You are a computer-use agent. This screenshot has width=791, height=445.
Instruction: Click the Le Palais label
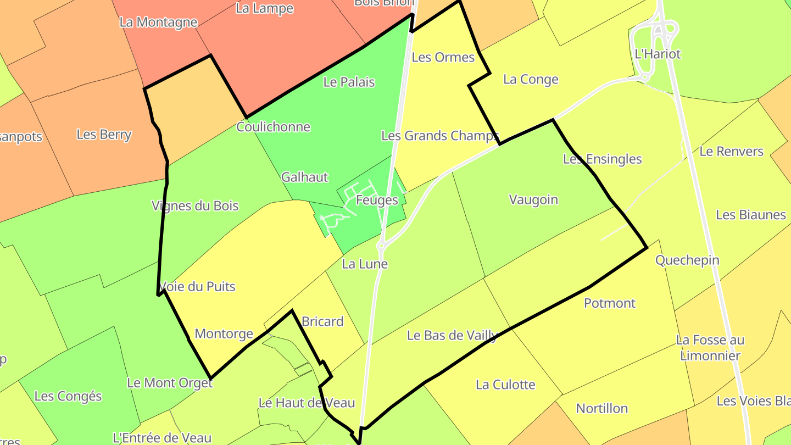(x=349, y=82)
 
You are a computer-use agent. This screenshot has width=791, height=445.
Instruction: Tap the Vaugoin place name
(x=533, y=199)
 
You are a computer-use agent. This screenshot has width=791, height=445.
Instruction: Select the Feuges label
(x=377, y=200)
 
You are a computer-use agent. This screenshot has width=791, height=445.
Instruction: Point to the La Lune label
(x=365, y=264)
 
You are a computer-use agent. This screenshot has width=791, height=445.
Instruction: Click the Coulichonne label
(x=273, y=127)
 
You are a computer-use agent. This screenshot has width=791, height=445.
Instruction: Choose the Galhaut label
(x=304, y=177)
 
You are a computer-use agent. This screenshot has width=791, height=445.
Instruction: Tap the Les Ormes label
(x=443, y=57)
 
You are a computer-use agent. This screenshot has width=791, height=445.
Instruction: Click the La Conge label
(x=531, y=79)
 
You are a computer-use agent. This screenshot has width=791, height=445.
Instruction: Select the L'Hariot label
(x=658, y=54)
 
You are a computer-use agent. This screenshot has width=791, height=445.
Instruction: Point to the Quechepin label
(x=687, y=260)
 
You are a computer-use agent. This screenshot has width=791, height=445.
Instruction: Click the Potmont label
(x=610, y=303)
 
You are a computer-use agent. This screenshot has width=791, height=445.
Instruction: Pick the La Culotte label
(x=505, y=385)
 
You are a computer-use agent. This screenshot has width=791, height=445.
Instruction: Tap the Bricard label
(x=322, y=321)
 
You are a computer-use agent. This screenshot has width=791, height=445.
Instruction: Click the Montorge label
(x=224, y=333)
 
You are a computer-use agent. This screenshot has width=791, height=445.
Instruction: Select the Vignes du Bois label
(x=195, y=205)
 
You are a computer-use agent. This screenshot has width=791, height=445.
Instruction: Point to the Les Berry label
(x=104, y=135)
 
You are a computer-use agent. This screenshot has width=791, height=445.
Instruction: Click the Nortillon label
(x=601, y=408)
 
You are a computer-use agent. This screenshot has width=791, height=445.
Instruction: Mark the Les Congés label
(x=68, y=396)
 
